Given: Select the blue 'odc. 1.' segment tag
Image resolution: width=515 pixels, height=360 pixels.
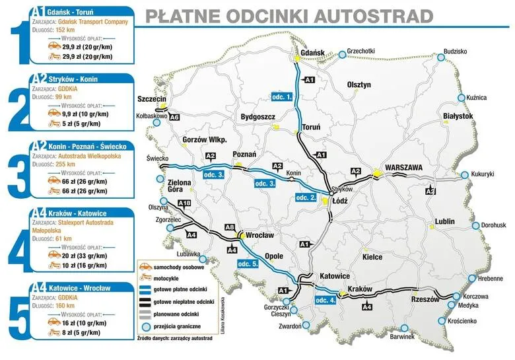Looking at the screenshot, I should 282,97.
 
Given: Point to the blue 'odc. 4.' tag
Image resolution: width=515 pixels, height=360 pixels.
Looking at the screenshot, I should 326,301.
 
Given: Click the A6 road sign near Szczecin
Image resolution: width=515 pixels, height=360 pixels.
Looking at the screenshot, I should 174,117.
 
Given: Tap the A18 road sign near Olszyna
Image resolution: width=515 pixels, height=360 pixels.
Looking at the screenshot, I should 185,203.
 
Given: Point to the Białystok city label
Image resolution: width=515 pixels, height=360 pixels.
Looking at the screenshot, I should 458,116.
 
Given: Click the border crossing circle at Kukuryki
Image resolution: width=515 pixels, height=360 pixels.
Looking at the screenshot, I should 464,174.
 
